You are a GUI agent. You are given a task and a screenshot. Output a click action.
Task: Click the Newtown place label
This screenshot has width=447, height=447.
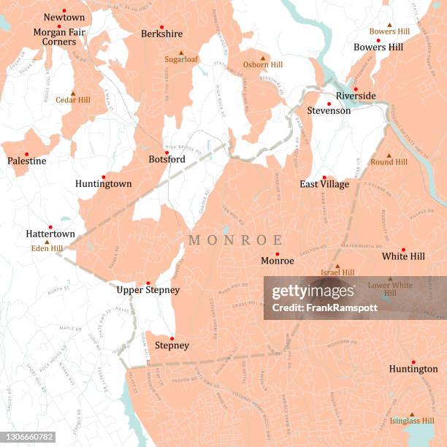(x=64, y=17)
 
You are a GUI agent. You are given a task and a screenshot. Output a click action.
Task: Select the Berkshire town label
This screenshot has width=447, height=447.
(x=162, y=34)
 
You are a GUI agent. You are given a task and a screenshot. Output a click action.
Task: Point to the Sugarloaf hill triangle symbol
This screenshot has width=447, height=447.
(x=181, y=53)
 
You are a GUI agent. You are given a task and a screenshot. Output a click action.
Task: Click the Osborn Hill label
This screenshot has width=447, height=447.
(x=262, y=65)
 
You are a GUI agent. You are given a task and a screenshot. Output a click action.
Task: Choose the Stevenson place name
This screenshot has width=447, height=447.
(x=329, y=111)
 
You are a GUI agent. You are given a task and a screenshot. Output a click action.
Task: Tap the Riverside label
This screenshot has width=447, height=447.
(x=356, y=96)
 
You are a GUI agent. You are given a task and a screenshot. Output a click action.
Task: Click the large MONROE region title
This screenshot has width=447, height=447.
(x=236, y=240)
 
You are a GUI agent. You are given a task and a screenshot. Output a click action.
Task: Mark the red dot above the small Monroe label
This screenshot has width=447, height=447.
(x=278, y=253)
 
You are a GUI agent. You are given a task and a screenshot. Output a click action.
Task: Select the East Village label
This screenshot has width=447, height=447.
(x=324, y=184)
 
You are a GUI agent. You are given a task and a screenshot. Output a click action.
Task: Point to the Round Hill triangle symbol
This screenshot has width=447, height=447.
(x=389, y=156)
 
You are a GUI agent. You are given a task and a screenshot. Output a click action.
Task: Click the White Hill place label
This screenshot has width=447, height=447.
(x=403, y=257)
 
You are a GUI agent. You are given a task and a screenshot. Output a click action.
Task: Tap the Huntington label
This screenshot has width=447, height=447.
(x=413, y=370)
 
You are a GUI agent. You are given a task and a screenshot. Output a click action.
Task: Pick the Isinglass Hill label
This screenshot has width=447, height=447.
(x=412, y=421)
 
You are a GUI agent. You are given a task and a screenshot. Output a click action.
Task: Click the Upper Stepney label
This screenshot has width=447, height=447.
(x=148, y=290)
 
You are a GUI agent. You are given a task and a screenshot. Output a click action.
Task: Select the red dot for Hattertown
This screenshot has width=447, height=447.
(x=50, y=227)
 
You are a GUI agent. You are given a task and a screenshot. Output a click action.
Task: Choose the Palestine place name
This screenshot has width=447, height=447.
(x=27, y=161)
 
